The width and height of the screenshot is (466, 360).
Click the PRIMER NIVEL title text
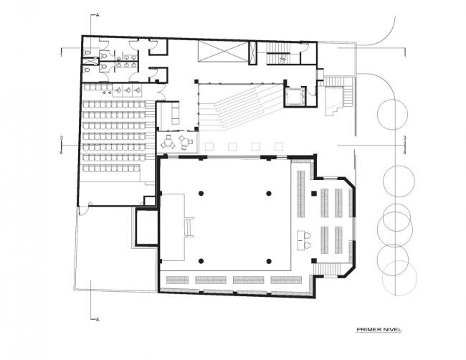tap(379, 330)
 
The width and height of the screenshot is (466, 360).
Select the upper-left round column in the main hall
tap(201, 193)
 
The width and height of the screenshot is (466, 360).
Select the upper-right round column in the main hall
tap(270, 193)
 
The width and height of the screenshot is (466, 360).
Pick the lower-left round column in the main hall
tap(201, 260)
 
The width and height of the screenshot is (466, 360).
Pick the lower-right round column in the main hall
tap(270, 260)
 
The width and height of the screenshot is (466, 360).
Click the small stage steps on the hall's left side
tap(190, 228)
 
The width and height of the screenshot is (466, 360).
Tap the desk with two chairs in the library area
tap(305, 239)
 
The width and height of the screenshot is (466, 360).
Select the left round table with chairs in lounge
tap(168, 143)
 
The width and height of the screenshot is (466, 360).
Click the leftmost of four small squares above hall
tap(210, 147)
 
